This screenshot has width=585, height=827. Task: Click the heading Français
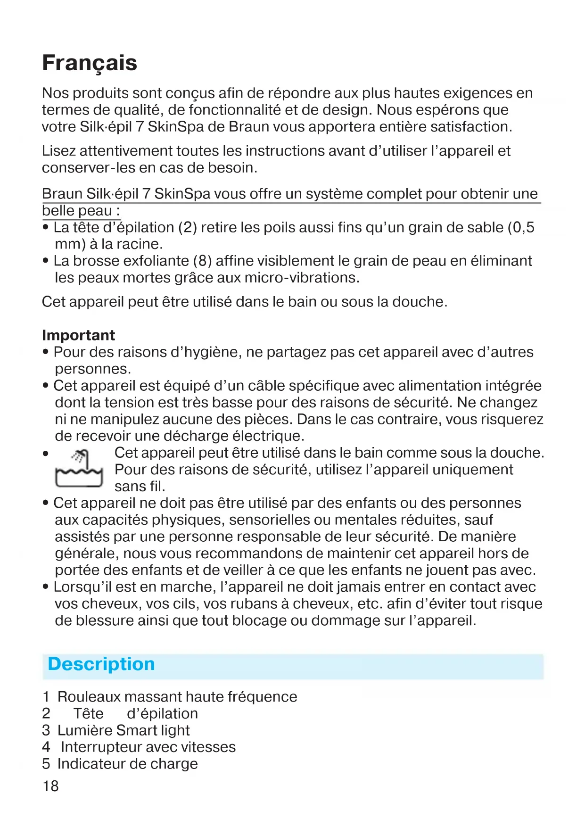(90, 63)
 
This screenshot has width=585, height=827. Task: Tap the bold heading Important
(78, 335)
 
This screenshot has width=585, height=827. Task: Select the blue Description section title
(101, 664)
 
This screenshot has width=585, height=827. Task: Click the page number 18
(50, 786)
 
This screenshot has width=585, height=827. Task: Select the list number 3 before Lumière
(46, 730)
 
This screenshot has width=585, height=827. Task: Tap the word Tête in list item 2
(88, 713)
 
